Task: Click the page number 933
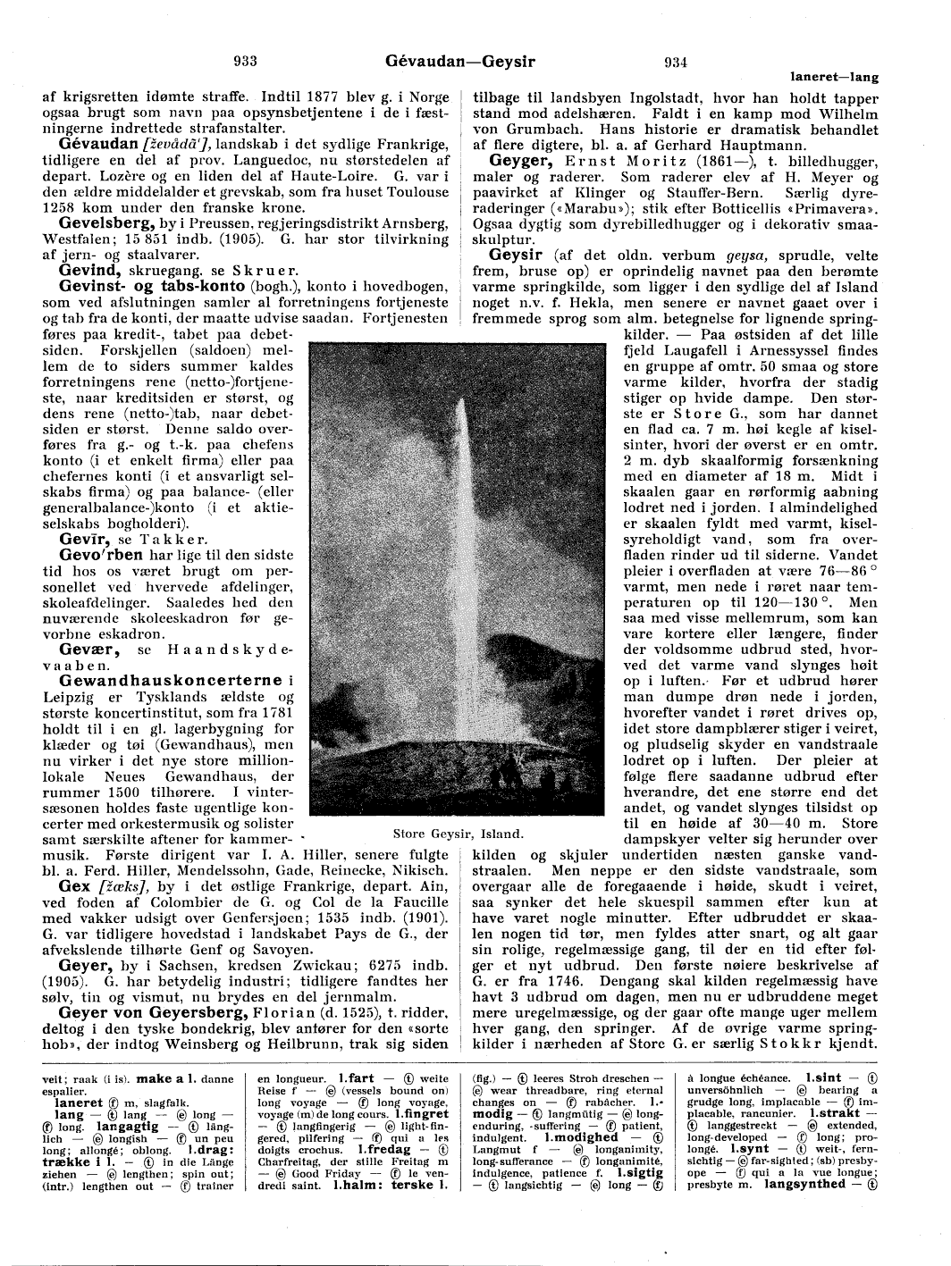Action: (x=245, y=62)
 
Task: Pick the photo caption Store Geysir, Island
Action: (x=444, y=834)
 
